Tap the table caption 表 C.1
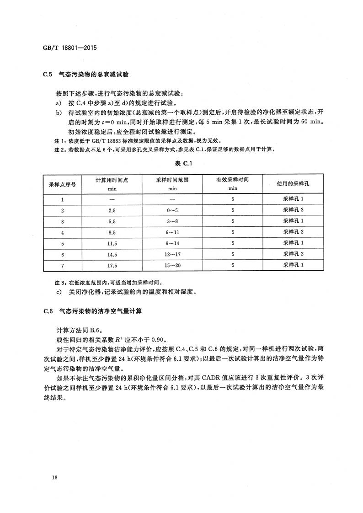point(181,164)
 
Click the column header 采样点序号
point(63,184)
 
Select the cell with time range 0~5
point(172,210)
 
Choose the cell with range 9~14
point(172,243)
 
